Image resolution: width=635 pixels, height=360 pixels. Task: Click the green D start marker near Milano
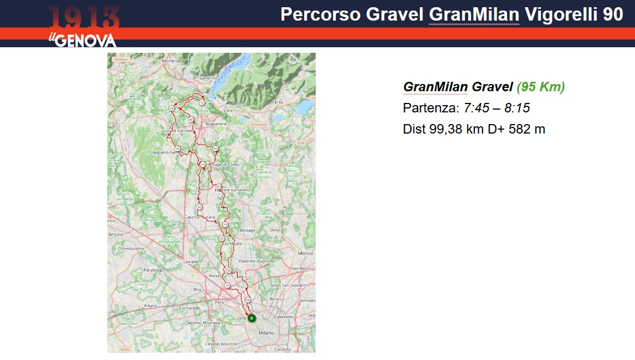tap(251, 318)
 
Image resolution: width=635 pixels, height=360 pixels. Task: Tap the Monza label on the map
tap(306, 253)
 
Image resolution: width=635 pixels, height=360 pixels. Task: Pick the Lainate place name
tap(191, 262)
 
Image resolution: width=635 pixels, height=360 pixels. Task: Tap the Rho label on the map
tap(197, 290)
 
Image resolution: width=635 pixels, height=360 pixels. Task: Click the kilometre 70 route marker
tap(202, 102)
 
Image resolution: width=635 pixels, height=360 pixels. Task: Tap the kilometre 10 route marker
tap(227, 285)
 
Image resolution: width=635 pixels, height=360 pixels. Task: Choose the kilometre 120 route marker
tap(229, 270)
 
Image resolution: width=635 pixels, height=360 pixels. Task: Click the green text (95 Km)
tap(540, 87)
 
